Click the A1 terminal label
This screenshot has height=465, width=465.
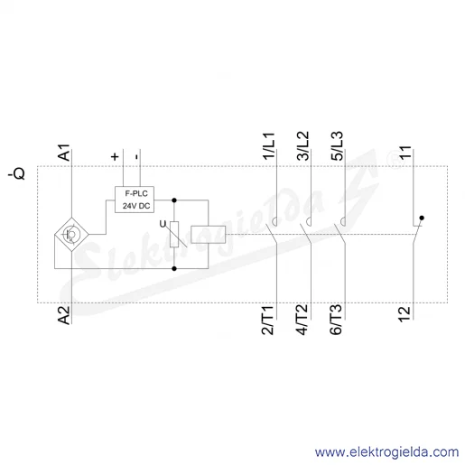[64, 153]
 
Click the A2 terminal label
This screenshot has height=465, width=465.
[64, 315]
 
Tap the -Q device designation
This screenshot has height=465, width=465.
[16, 173]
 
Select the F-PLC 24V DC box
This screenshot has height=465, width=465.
[135, 200]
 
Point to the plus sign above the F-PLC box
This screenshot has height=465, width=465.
[115, 156]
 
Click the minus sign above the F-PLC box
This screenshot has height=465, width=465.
[137, 156]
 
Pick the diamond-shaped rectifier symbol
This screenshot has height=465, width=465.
[71, 234]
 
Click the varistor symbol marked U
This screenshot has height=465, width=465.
[174, 235]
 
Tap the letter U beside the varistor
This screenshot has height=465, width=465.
[163, 224]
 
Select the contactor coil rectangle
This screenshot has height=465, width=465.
[209, 234]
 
